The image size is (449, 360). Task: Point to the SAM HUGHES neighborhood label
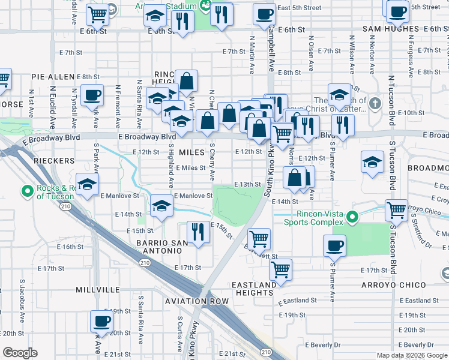coord(390,29)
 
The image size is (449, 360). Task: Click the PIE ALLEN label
coord(53,77)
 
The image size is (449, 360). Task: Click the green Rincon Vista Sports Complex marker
coord(354,217)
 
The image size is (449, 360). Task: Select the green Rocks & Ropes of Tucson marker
coord(27,191)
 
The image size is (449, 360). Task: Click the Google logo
coord(20,353)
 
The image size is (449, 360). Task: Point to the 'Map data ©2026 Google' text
coord(412,355)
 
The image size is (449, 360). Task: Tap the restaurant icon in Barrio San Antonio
coord(197,232)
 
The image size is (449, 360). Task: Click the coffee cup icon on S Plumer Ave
coord(334,245)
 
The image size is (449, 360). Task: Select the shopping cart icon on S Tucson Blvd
coord(397,211)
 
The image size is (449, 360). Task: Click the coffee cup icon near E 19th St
coord(101,321)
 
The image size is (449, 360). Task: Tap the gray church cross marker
coord(375,103)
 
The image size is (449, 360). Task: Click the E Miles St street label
coord(191,168)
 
